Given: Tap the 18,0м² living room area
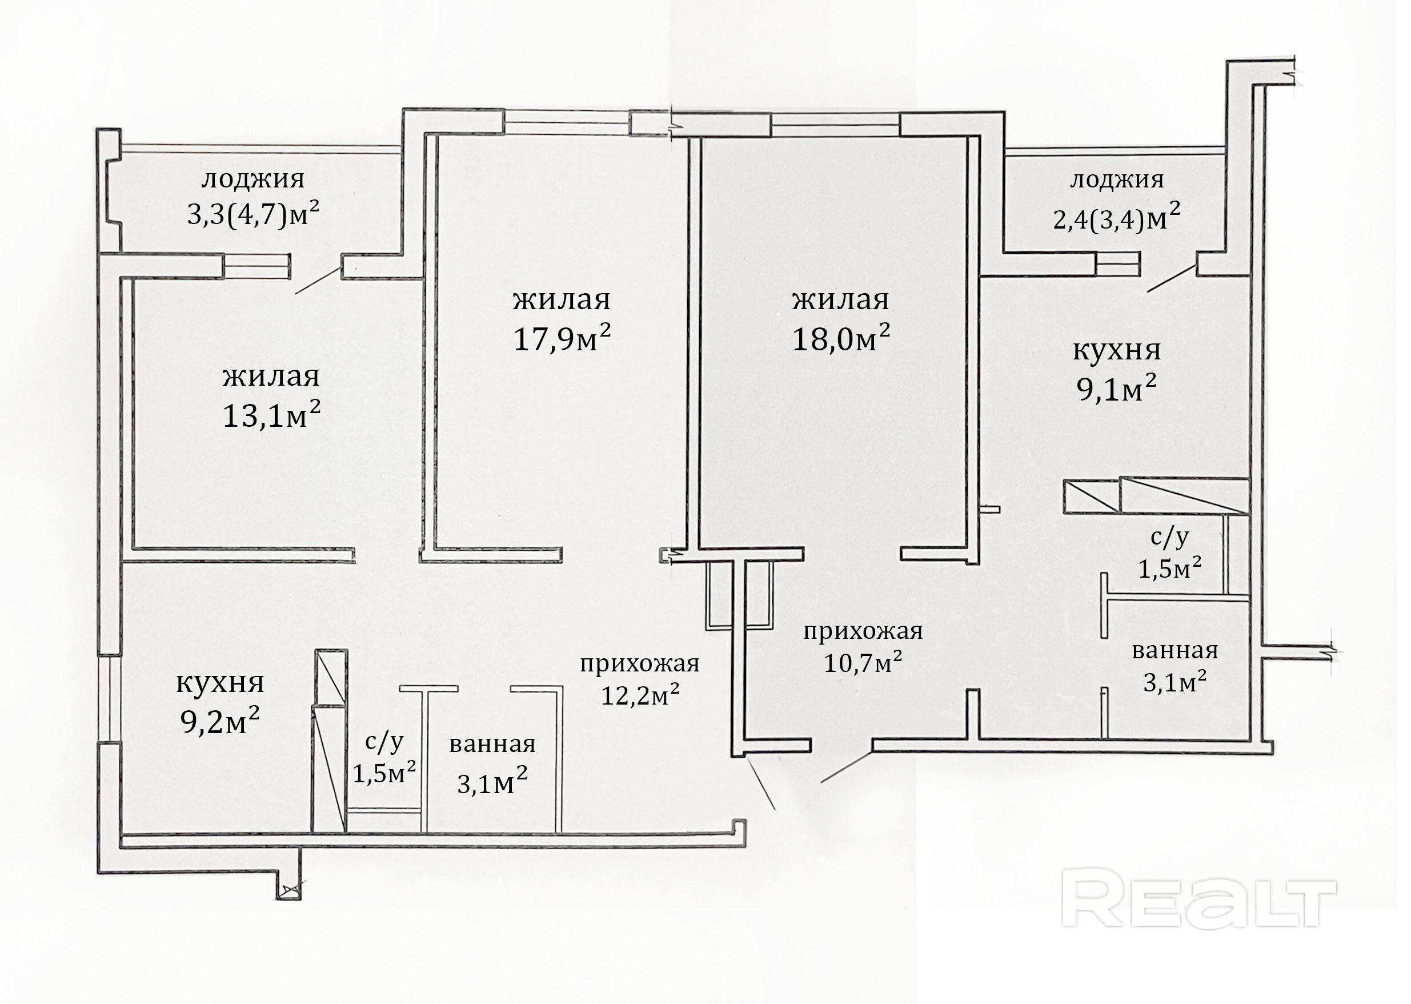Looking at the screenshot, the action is click(x=841, y=338).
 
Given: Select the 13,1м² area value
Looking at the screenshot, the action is click(x=271, y=415).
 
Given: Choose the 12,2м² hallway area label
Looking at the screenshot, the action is click(x=640, y=695).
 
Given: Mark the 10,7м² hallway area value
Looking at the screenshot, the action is click(x=863, y=662).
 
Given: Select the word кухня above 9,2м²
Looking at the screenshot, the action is click(x=220, y=683).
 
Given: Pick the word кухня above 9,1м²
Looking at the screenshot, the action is click(x=1117, y=350).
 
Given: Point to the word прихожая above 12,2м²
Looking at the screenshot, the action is click(x=640, y=663).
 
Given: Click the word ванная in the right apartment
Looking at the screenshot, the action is click(x=1175, y=650).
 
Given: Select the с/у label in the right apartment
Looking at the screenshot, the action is click(x=1169, y=537).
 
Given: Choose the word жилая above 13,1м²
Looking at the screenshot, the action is click(x=271, y=377).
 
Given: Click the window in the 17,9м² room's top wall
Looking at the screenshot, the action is click(x=567, y=122).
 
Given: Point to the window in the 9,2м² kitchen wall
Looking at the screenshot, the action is click(x=109, y=699).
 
